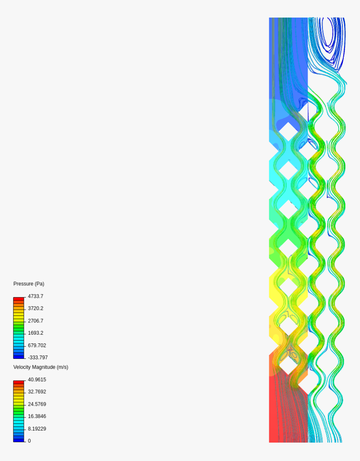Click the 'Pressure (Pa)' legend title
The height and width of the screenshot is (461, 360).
tap(28, 284)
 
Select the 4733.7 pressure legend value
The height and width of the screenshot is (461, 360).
tap(36, 296)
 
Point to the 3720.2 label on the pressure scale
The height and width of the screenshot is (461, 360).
tap(36, 308)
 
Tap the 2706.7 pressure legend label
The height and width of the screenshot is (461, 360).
tap(36, 321)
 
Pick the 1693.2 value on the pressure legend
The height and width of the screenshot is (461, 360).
tap(36, 333)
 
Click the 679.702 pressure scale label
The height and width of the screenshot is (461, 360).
tap(37, 346)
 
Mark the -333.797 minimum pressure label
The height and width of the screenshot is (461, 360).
tap(38, 358)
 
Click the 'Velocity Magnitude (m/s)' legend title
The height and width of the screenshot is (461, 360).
tap(41, 367)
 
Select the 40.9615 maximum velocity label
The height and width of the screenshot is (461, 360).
tap(37, 379)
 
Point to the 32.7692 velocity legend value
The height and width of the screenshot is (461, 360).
tap(37, 392)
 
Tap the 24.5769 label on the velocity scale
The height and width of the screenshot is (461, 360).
tap(37, 404)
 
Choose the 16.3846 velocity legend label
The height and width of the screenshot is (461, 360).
tap(37, 416)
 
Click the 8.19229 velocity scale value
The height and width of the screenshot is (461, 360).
tap(37, 429)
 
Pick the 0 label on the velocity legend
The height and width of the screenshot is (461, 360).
tap(29, 441)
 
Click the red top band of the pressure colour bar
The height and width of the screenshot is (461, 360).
tap(19, 299)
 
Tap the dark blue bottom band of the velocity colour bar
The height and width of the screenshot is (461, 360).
tap(19, 440)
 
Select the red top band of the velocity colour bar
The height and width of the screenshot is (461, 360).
tap(19, 382)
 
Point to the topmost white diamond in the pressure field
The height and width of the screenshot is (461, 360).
tap(288, 131)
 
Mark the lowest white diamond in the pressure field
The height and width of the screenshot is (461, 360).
tap(288, 365)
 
